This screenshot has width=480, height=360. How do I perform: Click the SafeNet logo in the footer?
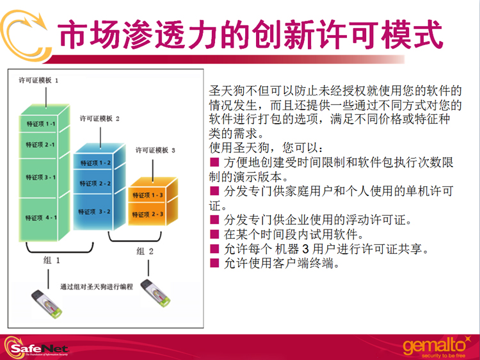36,347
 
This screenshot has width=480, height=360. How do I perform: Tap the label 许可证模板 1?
38,80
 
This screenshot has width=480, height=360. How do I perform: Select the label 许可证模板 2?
99,119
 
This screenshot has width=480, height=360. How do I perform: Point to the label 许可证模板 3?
156,150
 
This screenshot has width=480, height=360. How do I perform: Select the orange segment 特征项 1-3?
147,195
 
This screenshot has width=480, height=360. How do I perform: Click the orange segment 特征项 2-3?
147,214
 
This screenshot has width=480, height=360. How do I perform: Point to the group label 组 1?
51,261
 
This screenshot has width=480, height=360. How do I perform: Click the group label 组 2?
145,251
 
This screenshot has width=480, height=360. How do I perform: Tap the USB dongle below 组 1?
47,304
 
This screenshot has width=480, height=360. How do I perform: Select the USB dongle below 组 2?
156,293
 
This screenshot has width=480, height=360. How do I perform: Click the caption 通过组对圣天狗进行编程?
97,287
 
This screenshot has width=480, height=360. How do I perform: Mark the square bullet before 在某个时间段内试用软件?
214,234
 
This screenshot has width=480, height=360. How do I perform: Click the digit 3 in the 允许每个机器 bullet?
305,249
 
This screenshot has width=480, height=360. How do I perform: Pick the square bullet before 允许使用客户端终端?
214,263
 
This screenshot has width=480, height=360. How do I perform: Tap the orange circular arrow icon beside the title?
25,35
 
